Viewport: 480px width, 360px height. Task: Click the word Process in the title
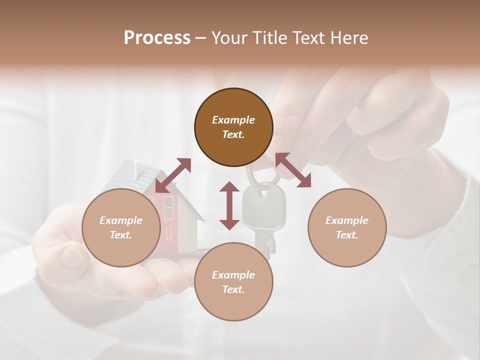[157, 38]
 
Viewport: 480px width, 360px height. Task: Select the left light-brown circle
[121, 245]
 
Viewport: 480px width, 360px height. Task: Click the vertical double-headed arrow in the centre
[229, 205]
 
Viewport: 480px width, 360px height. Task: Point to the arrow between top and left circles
[173, 175]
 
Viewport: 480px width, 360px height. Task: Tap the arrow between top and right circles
[293, 170]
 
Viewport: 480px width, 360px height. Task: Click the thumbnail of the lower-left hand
[72, 256]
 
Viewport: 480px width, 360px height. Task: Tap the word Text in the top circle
[233, 134]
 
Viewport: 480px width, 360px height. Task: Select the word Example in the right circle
[347, 220]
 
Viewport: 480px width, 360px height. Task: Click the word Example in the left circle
[121, 220]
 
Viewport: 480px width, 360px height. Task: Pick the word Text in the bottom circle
[233, 289]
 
